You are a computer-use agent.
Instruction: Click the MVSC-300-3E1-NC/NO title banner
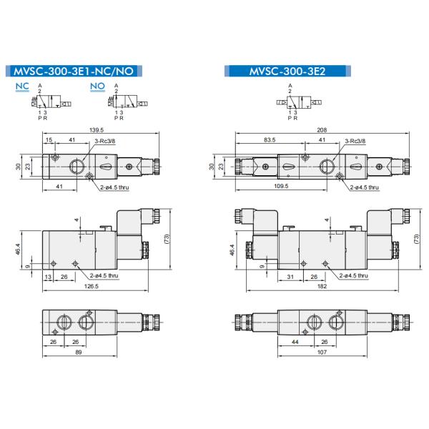(74, 71)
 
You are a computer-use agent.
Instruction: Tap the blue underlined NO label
(97, 87)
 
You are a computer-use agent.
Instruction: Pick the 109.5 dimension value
(281, 187)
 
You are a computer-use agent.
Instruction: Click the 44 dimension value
(294, 342)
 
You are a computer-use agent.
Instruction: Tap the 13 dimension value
(48, 277)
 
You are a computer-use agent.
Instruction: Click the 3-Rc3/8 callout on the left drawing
(105, 141)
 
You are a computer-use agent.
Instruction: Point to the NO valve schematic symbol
(124, 104)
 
